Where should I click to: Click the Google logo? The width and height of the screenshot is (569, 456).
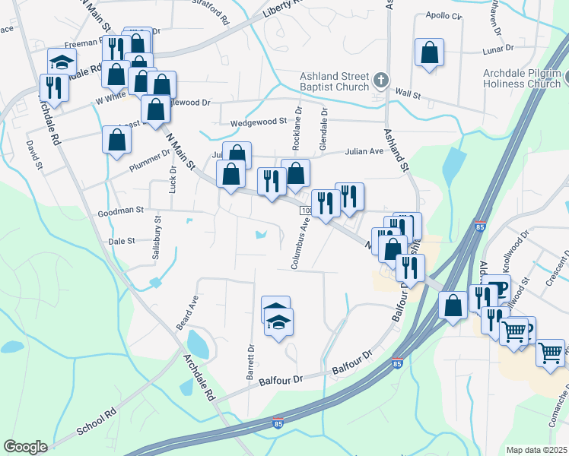click(x=25, y=447)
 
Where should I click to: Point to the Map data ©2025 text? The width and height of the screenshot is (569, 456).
click(x=537, y=450)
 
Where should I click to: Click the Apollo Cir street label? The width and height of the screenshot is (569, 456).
click(x=444, y=16)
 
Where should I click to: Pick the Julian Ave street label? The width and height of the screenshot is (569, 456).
click(x=365, y=150)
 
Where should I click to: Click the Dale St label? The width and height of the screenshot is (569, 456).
click(x=122, y=240)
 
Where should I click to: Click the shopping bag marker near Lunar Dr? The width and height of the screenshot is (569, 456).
click(x=430, y=53)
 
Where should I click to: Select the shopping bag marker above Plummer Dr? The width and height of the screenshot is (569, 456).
click(x=116, y=140)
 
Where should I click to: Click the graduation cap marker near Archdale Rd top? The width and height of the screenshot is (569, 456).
click(x=61, y=61)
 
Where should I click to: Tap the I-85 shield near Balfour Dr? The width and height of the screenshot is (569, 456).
click(x=396, y=364)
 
